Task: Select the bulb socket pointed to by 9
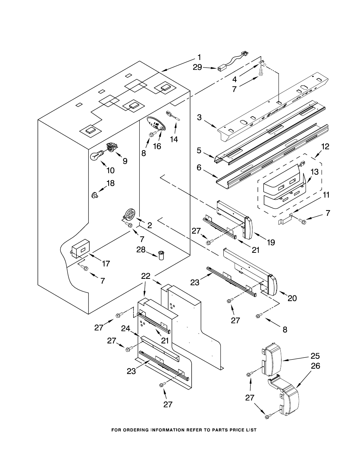pyautogui.click(x=112, y=147)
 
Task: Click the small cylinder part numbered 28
pyautogui.click(x=161, y=255)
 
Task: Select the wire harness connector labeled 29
pyautogui.click(x=232, y=63)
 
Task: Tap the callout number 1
pyautogui.click(x=199, y=58)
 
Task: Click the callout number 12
pyautogui.click(x=325, y=147)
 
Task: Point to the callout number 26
pyautogui.click(x=315, y=366)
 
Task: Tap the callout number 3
pyautogui.click(x=199, y=117)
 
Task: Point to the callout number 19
pyautogui.click(x=271, y=242)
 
